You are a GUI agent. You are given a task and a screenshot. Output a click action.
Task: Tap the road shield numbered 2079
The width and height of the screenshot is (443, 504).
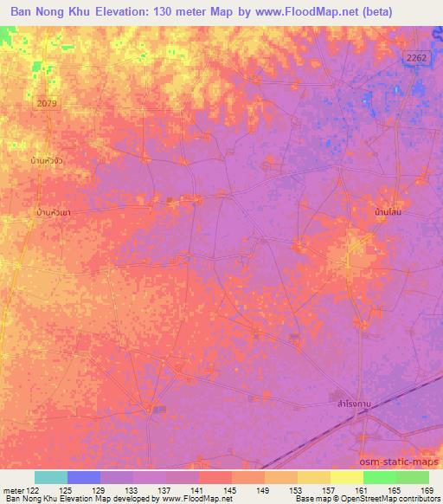tap(48, 103)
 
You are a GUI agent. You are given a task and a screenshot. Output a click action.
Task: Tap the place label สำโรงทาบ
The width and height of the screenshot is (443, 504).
tap(356, 403)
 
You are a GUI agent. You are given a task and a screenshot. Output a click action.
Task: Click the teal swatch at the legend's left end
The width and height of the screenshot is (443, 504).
tap(50, 477)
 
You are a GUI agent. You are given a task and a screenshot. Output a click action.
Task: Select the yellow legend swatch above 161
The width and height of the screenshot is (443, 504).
tap(346, 477)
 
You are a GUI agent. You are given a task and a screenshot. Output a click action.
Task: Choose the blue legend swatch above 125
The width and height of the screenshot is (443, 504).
tap(84, 477)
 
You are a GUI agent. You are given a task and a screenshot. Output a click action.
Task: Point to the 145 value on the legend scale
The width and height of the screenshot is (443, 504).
tap(231, 490)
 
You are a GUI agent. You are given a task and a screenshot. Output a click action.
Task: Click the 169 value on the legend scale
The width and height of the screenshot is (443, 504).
tap(427, 490)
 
